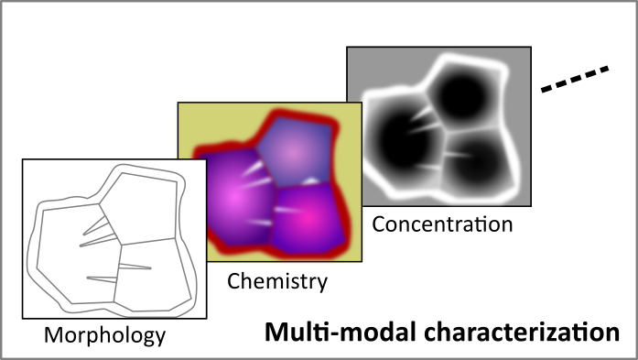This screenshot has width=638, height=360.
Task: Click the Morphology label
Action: click(105, 336)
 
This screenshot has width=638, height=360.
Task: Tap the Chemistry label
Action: click(277, 282)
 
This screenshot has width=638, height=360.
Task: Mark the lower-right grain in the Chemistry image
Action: click(307, 214)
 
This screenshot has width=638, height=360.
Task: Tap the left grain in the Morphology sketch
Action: click(69, 247)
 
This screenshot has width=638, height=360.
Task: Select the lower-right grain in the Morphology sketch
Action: click(152, 270)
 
